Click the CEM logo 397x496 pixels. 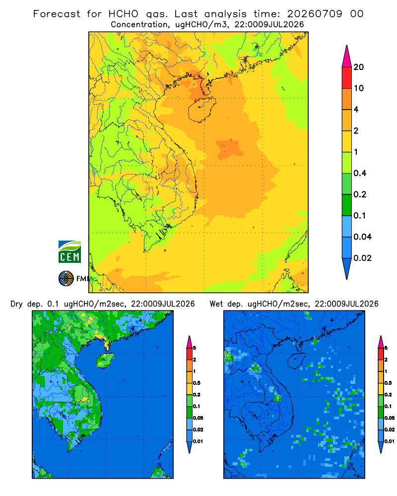[x=69, y=251]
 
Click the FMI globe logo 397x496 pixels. [x=66, y=278]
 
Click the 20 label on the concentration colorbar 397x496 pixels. [x=359, y=67]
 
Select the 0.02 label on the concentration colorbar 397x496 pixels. [x=362, y=258]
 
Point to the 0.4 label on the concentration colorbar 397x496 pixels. [x=360, y=173]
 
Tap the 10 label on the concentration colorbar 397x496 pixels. [x=359, y=88]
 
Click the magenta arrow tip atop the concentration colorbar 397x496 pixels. [x=347, y=57]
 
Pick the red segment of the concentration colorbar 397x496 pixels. [x=347, y=78]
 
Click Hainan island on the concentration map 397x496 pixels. [x=202, y=110]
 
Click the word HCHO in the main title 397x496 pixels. [x=124, y=14]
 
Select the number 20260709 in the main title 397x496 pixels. [x=315, y=14]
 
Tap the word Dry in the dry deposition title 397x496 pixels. [x=16, y=304]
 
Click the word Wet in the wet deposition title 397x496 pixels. [x=216, y=304]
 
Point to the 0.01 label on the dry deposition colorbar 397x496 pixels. [x=198, y=441]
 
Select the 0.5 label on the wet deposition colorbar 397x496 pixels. [x=388, y=383]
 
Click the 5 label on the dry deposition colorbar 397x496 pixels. [x=195, y=348]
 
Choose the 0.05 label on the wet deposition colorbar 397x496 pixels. [x=390, y=418]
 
